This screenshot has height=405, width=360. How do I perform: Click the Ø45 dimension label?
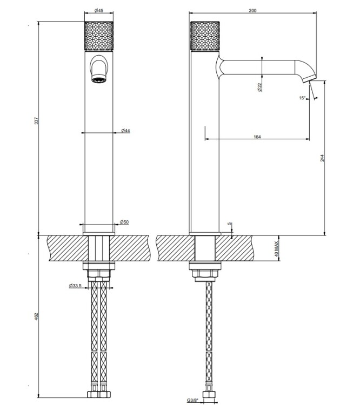(x=99, y=10)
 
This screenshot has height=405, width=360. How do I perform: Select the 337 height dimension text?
(x=36, y=121)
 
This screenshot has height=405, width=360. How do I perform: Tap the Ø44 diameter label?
(x=126, y=131)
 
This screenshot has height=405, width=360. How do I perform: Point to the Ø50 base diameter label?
(x=124, y=222)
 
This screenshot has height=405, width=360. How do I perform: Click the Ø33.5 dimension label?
(x=75, y=286)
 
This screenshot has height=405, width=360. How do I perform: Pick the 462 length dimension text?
(x=36, y=316)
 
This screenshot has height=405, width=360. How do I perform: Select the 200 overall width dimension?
(x=252, y=10)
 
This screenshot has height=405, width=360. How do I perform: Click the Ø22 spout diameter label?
(x=259, y=87)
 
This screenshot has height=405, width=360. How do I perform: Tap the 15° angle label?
(x=302, y=98)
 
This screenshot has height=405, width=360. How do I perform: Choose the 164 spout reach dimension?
(x=257, y=137)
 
